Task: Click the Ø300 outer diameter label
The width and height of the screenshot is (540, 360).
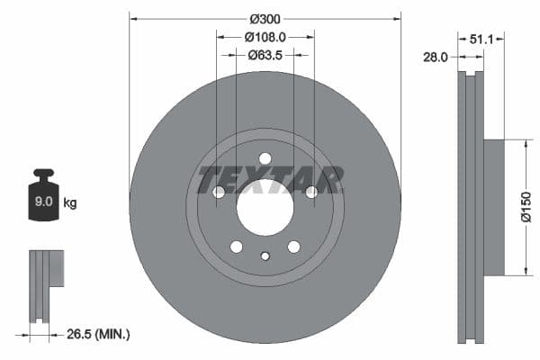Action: coord(265,19)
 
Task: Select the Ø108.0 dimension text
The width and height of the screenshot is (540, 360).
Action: coord(265,38)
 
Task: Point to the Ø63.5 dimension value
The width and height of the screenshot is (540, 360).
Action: coord(265,55)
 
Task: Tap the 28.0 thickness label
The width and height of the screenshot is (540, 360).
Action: coord(436,57)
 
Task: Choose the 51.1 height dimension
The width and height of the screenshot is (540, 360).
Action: coord(482,39)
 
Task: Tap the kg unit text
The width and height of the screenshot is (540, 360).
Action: coord(70,203)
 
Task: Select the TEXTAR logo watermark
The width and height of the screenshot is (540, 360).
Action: coord(270,179)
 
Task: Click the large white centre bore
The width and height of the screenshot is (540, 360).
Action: coord(265,208)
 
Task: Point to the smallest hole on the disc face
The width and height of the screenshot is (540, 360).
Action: coord(265,256)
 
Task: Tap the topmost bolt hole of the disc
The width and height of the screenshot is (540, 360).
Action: coord(265,159)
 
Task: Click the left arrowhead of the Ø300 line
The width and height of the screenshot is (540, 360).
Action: coord(133,19)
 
